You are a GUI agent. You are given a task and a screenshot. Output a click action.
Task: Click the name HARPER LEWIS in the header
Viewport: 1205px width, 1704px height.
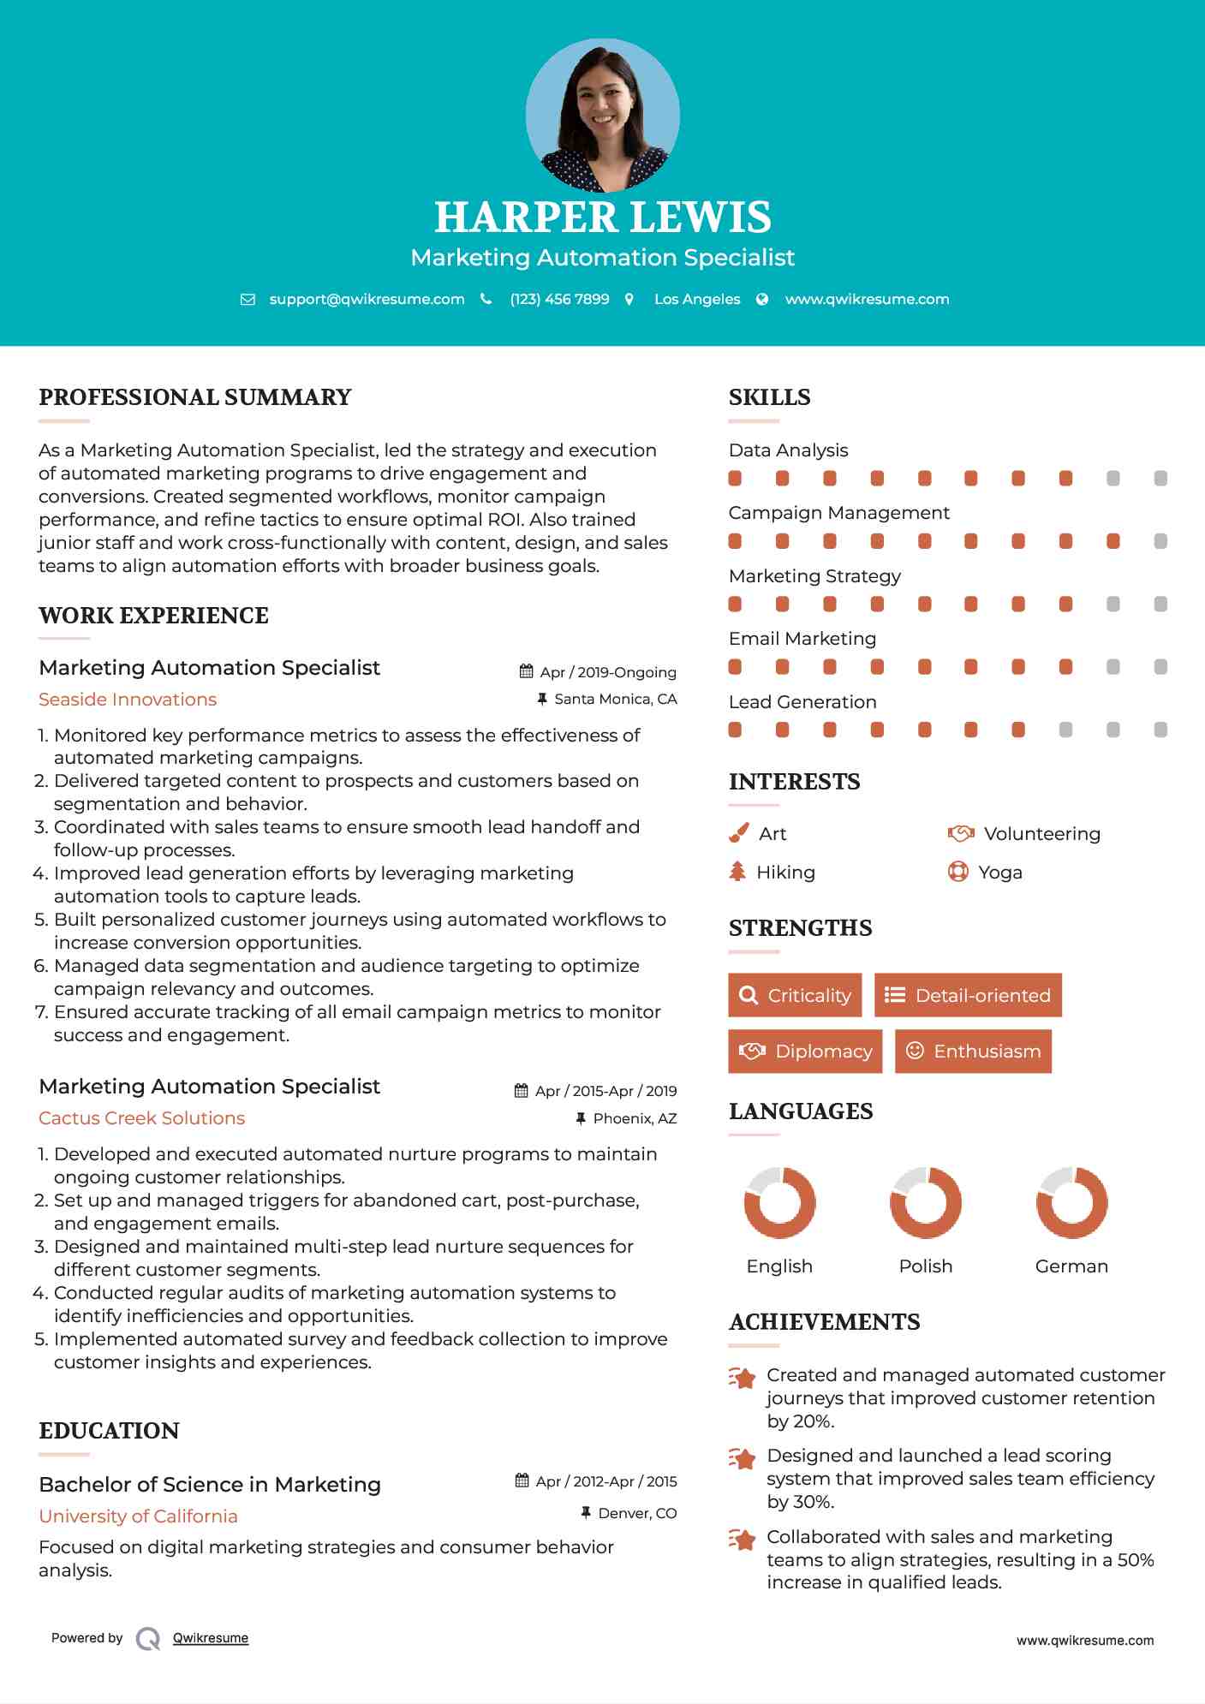point(602,217)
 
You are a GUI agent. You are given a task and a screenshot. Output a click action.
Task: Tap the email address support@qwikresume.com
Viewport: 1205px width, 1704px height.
point(367,299)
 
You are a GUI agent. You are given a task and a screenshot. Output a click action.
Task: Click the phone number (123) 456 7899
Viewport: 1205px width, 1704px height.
point(559,299)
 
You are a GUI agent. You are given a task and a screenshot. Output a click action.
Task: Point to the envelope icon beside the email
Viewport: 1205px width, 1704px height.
point(248,300)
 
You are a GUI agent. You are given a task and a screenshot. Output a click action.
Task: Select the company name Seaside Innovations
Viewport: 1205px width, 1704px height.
point(128,700)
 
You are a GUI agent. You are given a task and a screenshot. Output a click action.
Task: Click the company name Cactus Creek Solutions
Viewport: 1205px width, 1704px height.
point(141,1118)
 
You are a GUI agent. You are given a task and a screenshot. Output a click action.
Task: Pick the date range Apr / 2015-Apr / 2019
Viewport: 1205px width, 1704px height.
point(605,1091)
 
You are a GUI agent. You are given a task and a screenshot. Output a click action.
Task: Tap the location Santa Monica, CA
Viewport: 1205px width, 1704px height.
point(615,700)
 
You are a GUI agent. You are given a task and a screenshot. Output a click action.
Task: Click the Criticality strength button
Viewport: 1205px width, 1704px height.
point(795,995)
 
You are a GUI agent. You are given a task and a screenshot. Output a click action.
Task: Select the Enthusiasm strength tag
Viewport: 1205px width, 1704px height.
point(973,1051)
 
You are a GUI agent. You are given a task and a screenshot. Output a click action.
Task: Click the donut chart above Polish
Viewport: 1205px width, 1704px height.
point(925,1202)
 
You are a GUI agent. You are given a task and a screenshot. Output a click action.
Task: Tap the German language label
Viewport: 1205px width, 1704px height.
point(1071,1266)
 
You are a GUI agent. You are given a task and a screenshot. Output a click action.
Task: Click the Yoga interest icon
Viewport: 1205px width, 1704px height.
point(957,872)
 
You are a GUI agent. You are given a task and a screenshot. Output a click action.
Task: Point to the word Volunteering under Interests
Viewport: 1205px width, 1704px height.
point(1041,834)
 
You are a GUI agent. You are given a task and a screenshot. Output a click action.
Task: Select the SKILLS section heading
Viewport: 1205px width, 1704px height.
point(769,397)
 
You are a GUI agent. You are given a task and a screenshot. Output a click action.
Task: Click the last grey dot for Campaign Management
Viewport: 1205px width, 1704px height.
point(1160,541)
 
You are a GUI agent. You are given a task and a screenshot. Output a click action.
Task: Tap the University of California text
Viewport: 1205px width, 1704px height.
point(138,1516)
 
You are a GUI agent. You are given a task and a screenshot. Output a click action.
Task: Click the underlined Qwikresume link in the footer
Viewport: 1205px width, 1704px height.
point(211,1638)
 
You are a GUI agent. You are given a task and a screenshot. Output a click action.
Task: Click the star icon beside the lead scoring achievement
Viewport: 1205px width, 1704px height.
point(743,1458)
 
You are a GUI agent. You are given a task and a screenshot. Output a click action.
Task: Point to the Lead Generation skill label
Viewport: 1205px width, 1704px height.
point(802,702)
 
